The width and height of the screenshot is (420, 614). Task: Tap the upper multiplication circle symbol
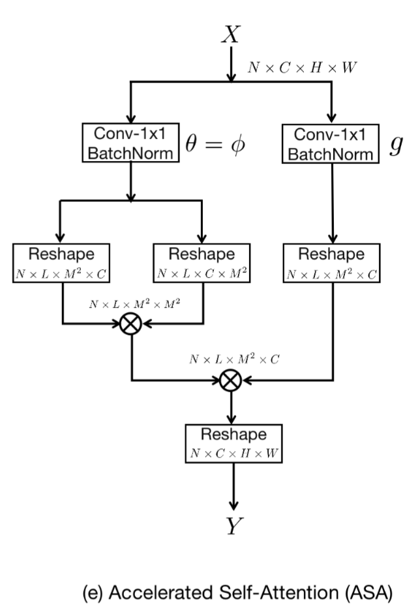point(132,323)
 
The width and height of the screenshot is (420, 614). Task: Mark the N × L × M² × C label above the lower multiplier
point(234,359)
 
